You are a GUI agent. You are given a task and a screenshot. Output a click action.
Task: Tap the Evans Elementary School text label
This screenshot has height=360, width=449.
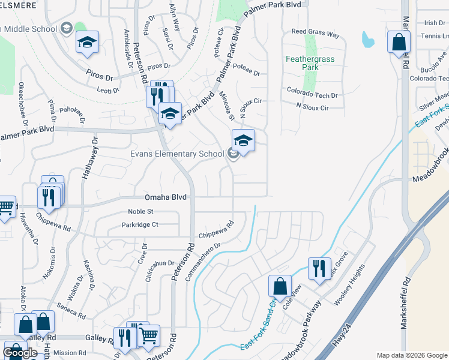pos(178,154)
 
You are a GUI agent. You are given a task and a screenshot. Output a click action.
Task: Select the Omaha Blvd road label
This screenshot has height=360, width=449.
pos(166,197)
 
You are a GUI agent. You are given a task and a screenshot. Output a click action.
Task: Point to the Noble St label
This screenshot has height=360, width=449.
pos(141,211)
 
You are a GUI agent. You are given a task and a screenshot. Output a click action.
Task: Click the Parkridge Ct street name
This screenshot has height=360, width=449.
pos(139,225)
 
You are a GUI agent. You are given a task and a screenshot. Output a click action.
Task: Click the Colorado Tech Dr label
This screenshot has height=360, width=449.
pos(312,95)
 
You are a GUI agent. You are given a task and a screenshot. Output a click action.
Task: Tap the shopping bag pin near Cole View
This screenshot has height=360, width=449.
pos(280,286)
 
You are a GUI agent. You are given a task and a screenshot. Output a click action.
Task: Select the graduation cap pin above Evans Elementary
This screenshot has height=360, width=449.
pos(243,141)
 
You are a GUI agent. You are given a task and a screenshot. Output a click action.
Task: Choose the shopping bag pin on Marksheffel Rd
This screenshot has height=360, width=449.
pos(399,43)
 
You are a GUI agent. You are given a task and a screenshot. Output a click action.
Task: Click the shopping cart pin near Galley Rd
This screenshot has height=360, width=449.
pos(149,337)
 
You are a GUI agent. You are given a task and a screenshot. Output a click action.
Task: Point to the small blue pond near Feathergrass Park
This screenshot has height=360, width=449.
pos(367,40)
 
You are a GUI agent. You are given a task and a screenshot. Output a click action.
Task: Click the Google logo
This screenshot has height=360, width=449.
pos(20,353)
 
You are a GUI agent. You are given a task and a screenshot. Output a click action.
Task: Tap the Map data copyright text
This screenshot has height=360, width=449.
pos(412,355)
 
